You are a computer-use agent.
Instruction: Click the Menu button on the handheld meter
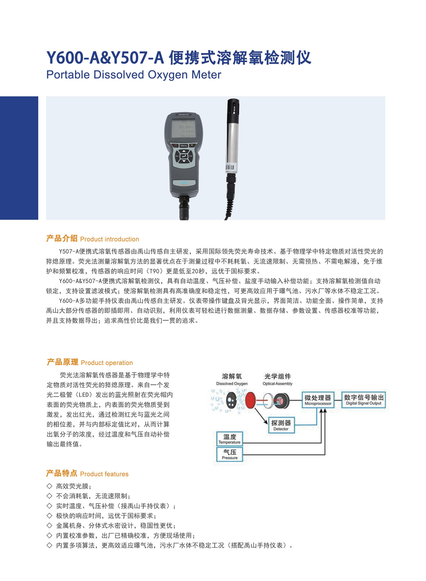[x=184, y=145]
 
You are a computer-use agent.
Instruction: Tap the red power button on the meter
[x=176, y=145]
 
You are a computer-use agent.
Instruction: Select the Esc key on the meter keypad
[x=177, y=156]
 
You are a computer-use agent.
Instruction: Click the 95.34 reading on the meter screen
[x=185, y=127]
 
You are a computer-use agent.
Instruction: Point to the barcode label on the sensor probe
[x=230, y=167]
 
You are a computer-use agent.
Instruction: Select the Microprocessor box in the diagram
[x=318, y=400]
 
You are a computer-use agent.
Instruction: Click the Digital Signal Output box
[x=363, y=400]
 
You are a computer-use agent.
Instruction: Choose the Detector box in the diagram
[x=281, y=425]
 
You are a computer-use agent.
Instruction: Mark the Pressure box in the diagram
[x=230, y=455]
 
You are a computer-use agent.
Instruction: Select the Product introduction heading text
[x=109, y=239]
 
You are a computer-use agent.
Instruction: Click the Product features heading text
[x=104, y=474]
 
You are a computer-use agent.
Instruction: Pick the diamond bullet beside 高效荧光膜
[x=49, y=486]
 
